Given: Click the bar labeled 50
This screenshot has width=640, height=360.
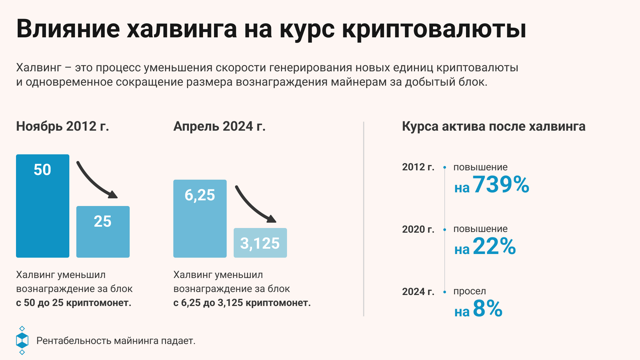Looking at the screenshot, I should pyautogui.click(x=43, y=206).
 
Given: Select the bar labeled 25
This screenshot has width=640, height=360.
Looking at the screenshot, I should pyautogui.click(x=103, y=232).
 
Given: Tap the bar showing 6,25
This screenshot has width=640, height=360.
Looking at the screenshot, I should pyautogui.click(x=200, y=218).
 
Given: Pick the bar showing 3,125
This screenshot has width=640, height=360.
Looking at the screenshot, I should pyautogui.click(x=260, y=243).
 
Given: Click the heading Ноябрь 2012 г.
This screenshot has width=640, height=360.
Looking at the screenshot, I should pyautogui.click(x=63, y=126).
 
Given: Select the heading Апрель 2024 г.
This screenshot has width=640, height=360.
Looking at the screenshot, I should pyautogui.click(x=219, y=126).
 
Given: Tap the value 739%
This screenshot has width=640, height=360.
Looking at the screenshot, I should pyautogui.click(x=501, y=184).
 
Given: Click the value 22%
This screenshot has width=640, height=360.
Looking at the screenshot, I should pyautogui.click(x=494, y=246).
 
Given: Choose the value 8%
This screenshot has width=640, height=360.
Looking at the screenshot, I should pyautogui.click(x=487, y=308).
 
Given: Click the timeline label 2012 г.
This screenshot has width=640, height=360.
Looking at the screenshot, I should pyautogui.click(x=418, y=167).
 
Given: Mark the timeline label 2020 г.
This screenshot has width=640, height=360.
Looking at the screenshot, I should pyautogui.click(x=418, y=229).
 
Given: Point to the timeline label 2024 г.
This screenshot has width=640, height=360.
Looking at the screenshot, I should pyautogui.click(x=418, y=292).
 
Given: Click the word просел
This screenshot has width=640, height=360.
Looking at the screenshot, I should pyautogui.click(x=469, y=291).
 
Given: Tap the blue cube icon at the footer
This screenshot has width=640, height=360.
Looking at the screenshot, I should pyautogui.click(x=22, y=340).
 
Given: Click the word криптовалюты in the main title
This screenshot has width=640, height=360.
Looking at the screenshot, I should pyautogui.click(x=434, y=29).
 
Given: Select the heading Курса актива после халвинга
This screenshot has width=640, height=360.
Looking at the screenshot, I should pyautogui.click(x=493, y=126).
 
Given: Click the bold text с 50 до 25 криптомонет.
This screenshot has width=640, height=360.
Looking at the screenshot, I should pyautogui.click(x=74, y=303).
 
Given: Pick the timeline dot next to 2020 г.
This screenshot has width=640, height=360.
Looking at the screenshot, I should pyautogui.click(x=445, y=230).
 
